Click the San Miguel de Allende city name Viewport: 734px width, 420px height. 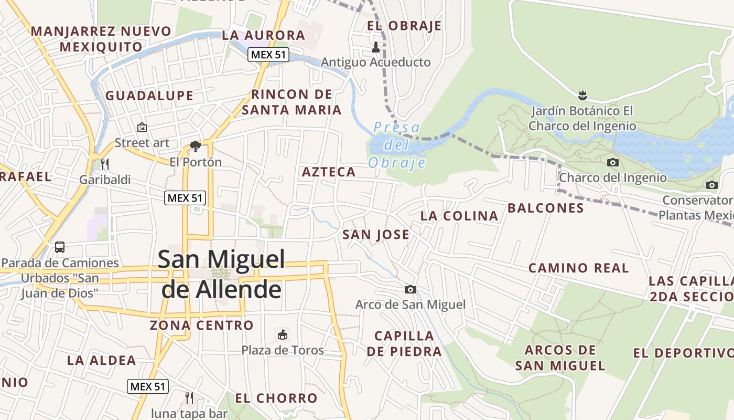coord(221,274)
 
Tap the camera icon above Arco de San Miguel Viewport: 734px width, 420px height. coord(411,289)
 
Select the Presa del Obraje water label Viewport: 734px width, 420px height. coord(396,145)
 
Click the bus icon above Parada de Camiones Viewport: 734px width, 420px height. coord(60,247)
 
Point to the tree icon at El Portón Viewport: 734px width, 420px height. coord(196,146)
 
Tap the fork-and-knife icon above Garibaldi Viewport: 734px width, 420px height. coord(105,164)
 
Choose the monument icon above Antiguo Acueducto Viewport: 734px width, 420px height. coord(375,47)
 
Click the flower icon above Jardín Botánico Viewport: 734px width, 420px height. coord(582,96)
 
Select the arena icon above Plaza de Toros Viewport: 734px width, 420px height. coord(283,334)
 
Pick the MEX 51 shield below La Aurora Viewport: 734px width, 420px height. coord(268,55)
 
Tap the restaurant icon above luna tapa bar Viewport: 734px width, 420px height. coord(189,398)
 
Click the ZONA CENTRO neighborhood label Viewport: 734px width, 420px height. coord(202,325)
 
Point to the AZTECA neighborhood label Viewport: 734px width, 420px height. coord(329,172)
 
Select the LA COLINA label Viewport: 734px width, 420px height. coord(459,216)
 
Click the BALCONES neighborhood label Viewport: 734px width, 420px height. coord(546,208)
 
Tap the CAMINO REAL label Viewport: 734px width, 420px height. coord(578,268)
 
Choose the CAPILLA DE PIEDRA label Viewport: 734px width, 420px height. coord(404,343)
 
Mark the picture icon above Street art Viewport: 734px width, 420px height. coord(142,127)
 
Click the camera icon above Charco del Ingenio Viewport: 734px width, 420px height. coord(612,163)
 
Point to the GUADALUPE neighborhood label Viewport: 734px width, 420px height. coord(149,96)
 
